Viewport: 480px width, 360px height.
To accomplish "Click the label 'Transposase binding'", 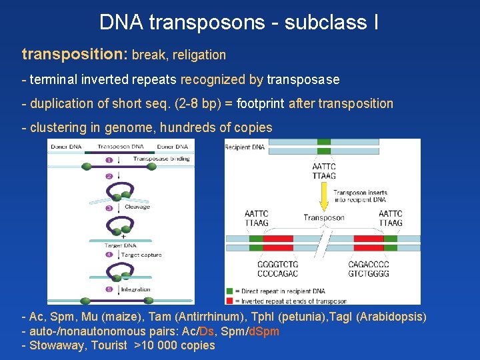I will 161,159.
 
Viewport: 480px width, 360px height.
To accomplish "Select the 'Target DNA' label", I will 119,245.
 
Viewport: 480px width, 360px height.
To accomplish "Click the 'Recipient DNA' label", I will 245,147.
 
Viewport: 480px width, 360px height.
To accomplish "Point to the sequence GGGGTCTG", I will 277,264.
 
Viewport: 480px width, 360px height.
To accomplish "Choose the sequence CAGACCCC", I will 369,264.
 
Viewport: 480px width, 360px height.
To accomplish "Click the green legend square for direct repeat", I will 230,291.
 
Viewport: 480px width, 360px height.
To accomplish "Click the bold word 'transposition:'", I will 75,54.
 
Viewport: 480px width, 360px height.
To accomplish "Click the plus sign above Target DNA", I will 123,237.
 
